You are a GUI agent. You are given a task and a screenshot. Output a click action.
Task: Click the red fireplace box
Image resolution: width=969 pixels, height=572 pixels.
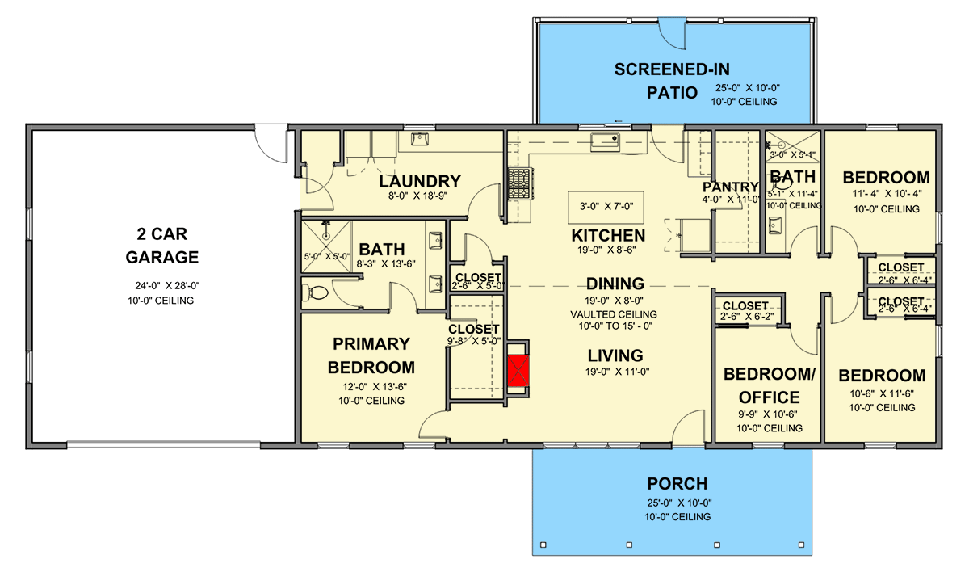point(518,370)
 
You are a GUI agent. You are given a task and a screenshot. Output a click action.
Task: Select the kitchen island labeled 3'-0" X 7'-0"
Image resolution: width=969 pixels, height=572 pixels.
point(606,207)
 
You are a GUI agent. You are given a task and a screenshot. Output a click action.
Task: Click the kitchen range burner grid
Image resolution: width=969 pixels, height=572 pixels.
point(519,184)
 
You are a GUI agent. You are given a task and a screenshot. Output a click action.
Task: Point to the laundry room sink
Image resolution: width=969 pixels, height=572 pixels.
point(420,139)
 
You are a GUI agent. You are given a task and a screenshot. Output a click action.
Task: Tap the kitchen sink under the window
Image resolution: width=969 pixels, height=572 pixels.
point(605,142)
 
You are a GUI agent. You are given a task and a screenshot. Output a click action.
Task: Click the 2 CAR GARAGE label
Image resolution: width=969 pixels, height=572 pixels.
point(161,246)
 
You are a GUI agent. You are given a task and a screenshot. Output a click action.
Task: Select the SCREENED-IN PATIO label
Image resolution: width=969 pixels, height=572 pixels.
point(672,81)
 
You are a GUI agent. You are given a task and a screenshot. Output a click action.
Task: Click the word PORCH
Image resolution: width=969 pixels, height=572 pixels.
point(677,484)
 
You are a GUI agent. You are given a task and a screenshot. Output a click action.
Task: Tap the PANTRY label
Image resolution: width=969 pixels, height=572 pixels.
point(730,187)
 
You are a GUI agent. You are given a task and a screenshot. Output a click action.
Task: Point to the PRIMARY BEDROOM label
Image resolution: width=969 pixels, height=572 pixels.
point(371,355)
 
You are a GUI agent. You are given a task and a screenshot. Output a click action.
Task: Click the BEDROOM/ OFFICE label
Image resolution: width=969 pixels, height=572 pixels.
point(769,385)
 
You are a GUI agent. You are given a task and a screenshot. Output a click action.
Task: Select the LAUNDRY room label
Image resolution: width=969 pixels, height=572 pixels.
point(420,181)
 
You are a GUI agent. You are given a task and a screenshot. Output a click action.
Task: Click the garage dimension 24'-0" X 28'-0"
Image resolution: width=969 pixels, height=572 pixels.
point(167,285)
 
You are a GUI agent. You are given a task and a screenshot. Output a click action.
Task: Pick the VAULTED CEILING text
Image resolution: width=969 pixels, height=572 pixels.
point(614,314)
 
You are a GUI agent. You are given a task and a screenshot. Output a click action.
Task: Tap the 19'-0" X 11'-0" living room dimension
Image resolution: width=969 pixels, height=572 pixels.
point(617,372)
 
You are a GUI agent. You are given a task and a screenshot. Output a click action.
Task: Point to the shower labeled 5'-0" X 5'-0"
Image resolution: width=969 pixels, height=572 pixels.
point(326,246)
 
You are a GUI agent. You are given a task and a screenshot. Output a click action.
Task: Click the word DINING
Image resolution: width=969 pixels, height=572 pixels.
point(615,284)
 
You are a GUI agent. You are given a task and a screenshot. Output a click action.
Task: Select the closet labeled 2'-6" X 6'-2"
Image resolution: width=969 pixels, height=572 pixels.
point(747,309)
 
